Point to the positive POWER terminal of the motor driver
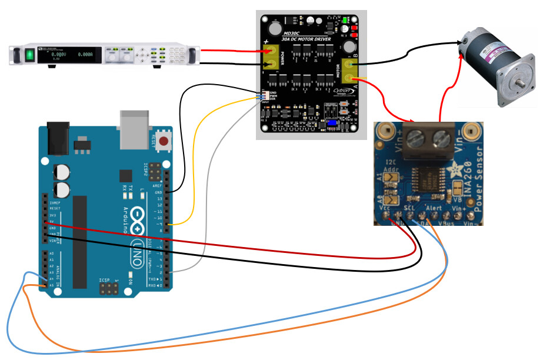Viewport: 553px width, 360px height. click(272, 51)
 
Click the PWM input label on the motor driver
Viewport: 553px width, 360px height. click(273, 96)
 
